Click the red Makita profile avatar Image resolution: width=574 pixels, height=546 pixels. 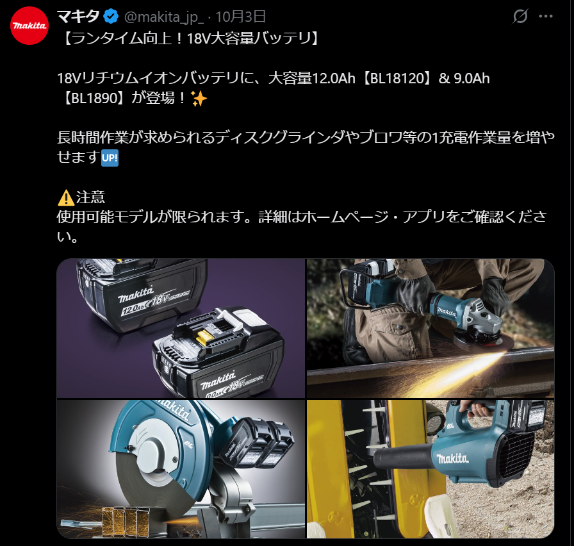pyautogui.click(x=29, y=26)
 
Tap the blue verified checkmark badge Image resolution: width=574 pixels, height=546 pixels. pyautogui.click(x=111, y=17)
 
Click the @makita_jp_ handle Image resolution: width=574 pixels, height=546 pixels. pyautogui.click(x=164, y=17)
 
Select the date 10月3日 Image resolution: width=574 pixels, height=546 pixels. pyautogui.click(x=240, y=17)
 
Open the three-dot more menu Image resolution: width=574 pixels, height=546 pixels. pyautogui.click(x=545, y=16)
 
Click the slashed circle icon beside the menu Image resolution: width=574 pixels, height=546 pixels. pyautogui.click(x=520, y=16)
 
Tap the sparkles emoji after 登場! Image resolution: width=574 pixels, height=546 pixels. pyautogui.click(x=199, y=98)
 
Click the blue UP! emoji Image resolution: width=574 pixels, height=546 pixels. pyautogui.click(x=110, y=158)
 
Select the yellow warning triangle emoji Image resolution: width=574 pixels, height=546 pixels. pyautogui.click(x=66, y=197)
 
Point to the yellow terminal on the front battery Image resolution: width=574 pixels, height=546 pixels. pyautogui.click(x=204, y=338)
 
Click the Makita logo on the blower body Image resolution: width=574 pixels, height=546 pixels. pyautogui.click(x=452, y=458)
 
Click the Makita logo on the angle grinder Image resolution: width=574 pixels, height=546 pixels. pyautogui.click(x=447, y=311)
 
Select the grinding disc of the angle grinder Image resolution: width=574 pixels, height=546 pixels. pyautogui.click(x=484, y=340)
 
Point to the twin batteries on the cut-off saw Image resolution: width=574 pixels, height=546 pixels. pyautogui.click(x=256, y=442)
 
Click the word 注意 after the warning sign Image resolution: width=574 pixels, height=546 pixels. pyautogui.click(x=90, y=197)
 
